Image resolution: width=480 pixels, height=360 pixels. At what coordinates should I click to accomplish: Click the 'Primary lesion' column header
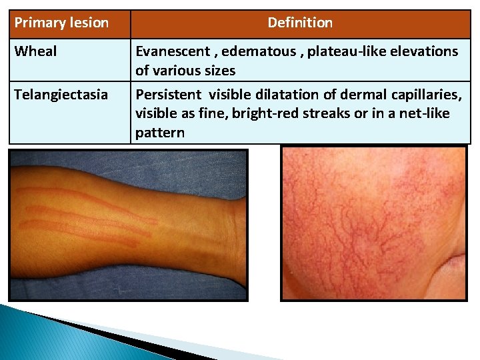pos(61,23)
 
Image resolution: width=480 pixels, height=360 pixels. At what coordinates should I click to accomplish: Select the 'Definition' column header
pos(300,23)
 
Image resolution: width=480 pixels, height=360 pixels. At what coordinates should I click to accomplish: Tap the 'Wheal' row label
pos(35,51)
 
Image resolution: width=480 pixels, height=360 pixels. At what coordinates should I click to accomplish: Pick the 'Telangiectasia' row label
pos(61,95)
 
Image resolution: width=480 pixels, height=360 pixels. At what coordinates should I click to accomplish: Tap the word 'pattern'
pos(160,132)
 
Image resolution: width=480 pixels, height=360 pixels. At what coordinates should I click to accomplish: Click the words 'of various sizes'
pos(185,70)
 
